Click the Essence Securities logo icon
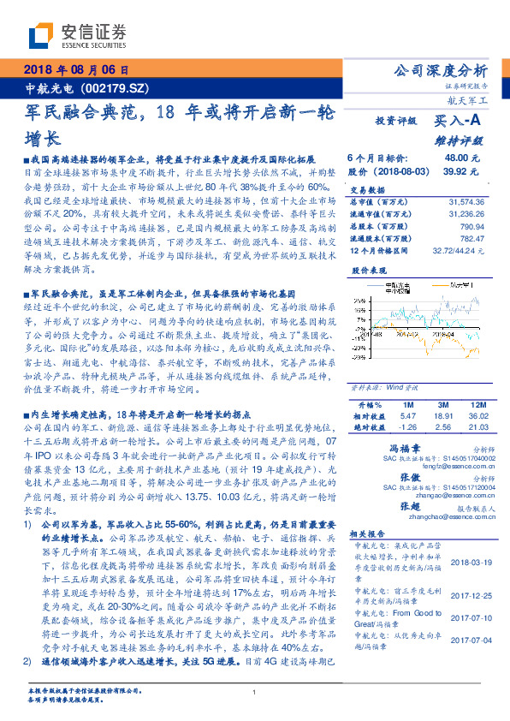pyautogui.click(x=41, y=37)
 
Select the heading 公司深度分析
pyautogui.click(x=438, y=70)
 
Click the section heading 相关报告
pyautogui.click(x=369, y=532)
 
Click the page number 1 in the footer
pyautogui.click(x=254, y=692)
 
